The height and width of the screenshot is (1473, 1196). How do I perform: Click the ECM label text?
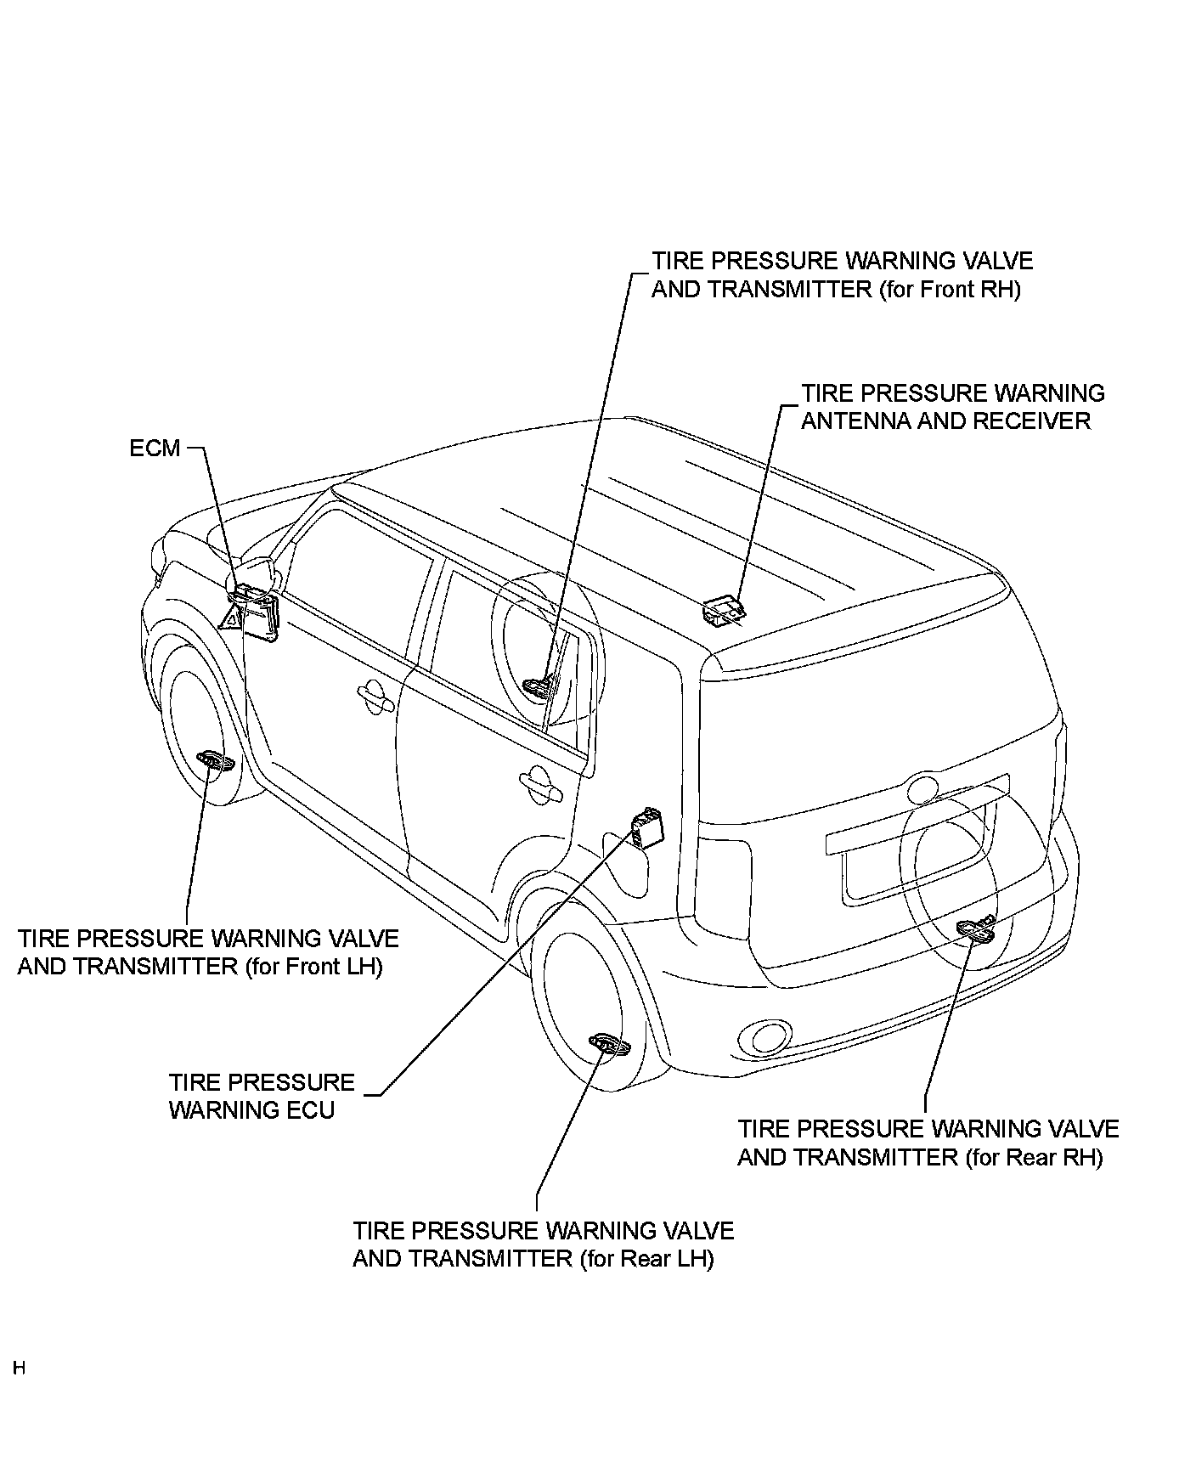point(155,448)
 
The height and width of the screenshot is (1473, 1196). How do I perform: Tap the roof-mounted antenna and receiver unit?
point(724,610)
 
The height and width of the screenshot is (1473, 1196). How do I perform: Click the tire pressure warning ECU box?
point(646,827)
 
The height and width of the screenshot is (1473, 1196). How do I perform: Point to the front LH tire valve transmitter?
point(215,761)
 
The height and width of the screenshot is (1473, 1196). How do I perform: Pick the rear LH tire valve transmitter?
point(609,1045)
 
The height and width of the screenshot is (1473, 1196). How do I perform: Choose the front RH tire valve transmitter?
point(539,685)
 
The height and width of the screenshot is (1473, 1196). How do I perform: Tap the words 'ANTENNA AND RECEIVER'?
point(945,421)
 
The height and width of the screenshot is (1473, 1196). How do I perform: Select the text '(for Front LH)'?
point(313,967)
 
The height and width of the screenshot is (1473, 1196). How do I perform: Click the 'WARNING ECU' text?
point(251,1110)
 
